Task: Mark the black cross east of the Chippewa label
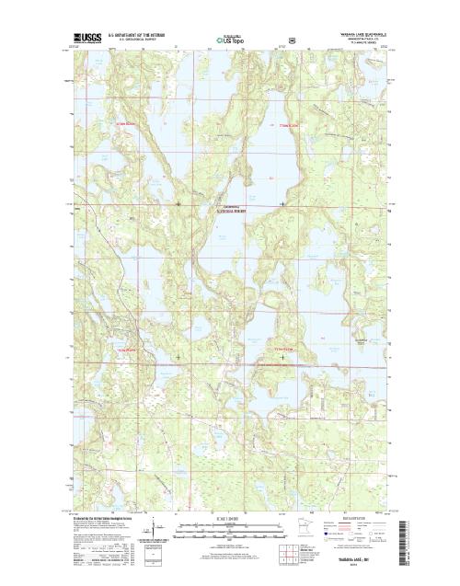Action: click(282, 202)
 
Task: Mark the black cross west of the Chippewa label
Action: click(178, 202)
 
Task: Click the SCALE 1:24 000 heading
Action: click(230, 520)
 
